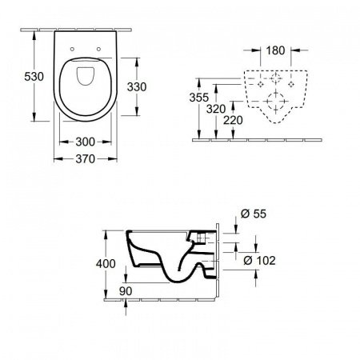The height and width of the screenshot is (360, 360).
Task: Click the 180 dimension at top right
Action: (274, 50)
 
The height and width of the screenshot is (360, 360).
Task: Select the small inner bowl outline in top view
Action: (86, 80)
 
